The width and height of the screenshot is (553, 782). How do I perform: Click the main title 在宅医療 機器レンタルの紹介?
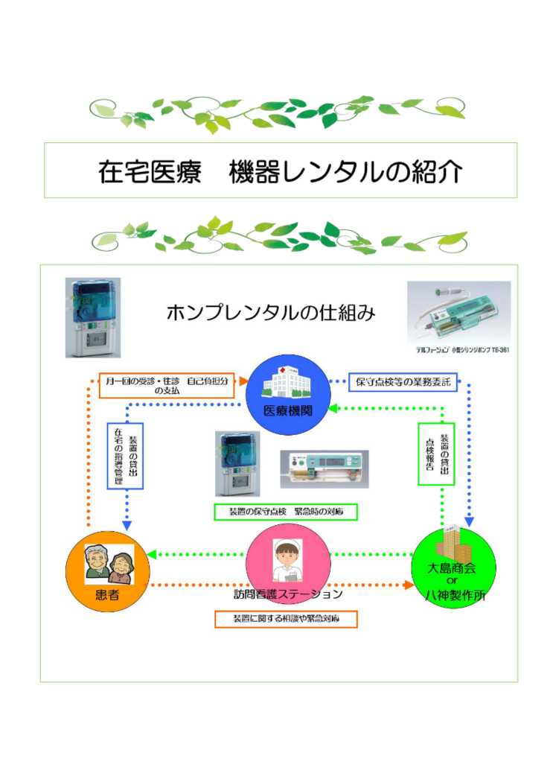tap(280, 171)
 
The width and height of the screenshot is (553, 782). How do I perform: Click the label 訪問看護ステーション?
tap(287, 594)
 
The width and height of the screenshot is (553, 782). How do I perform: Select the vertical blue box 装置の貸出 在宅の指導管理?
tap(125, 456)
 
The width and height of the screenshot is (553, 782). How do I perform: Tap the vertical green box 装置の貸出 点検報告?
tap(436, 454)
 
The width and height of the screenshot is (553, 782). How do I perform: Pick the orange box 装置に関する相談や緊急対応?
tap(286, 620)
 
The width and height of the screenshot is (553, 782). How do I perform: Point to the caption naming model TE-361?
tap(462, 349)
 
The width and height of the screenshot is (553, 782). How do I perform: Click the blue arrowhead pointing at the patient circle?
tap(126, 525)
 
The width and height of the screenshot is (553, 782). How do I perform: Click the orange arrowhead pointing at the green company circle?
tap(408, 585)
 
